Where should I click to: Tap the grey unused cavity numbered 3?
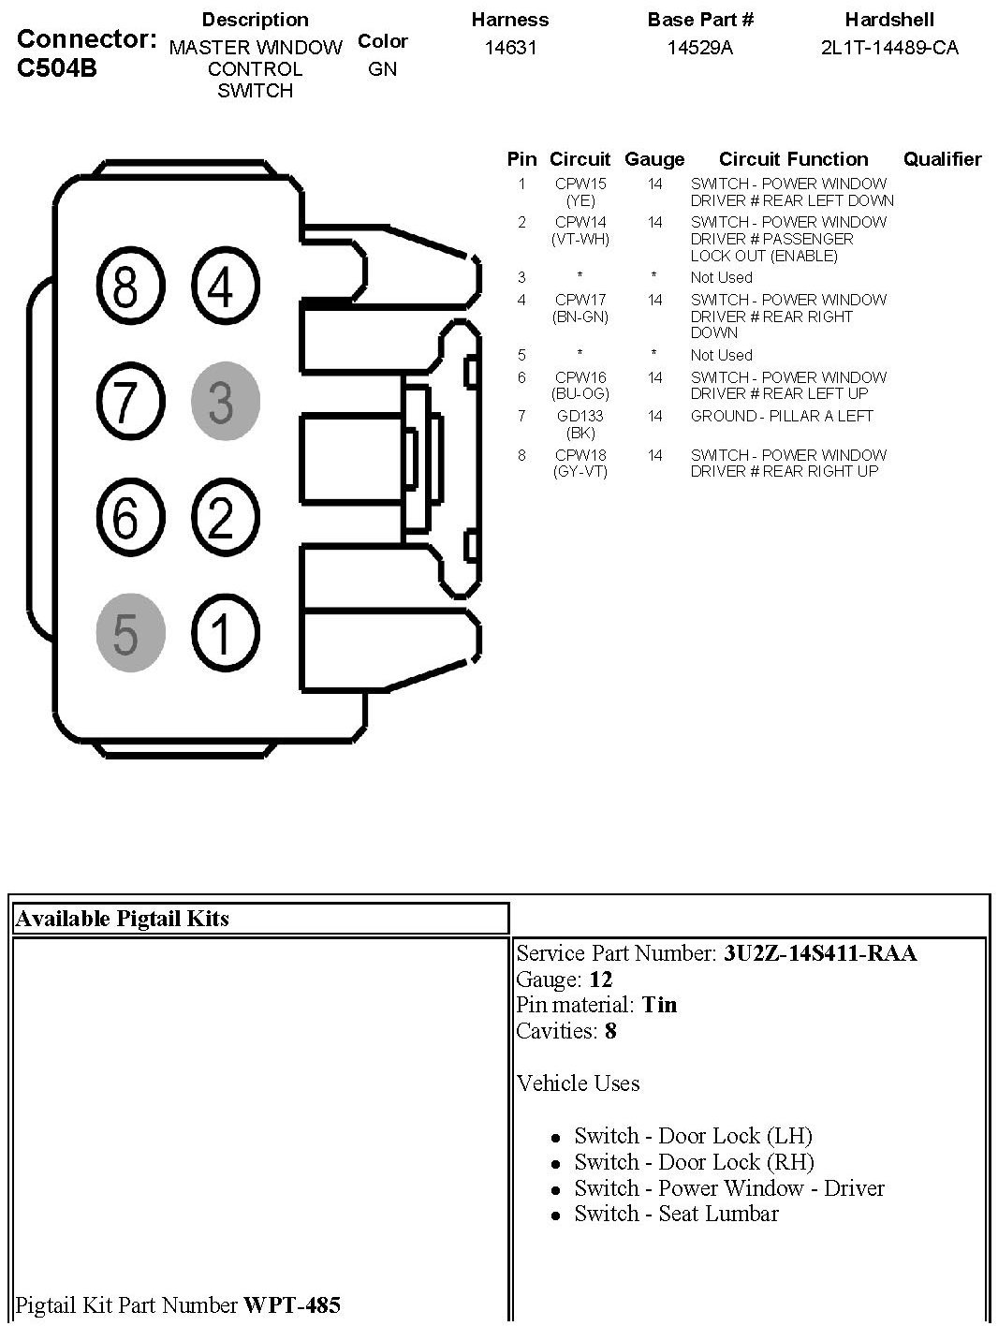pyautogui.click(x=224, y=402)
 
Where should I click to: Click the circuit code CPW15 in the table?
pyautogui.click(x=580, y=184)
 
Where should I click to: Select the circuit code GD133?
pyautogui.click(x=580, y=416)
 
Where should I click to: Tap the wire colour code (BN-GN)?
pyautogui.click(x=580, y=317)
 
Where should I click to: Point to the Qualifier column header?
pyautogui.click(x=942, y=159)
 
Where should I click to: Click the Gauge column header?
pyautogui.click(x=654, y=159)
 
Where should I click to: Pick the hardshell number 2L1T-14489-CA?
pyautogui.click(x=889, y=48)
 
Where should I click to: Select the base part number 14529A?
pyautogui.click(x=700, y=48)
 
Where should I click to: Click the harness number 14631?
pyautogui.click(x=510, y=48)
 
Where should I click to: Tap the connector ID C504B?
pyautogui.click(x=57, y=67)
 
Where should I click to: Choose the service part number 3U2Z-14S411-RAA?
pyautogui.click(x=819, y=953)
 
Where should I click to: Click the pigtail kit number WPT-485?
pyautogui.click(x=292, y=1304)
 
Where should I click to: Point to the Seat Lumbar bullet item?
pyautogui.click(x=676, y=1214)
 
